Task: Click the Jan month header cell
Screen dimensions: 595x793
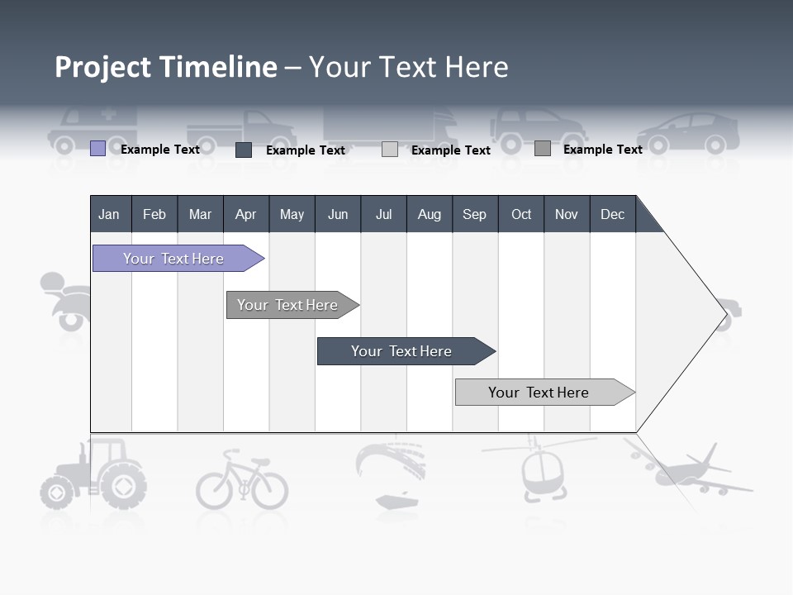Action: click(x=110, y=214)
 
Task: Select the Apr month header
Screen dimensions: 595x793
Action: click(x=246, y=214)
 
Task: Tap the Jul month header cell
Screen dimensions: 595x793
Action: click(x=383, y=214)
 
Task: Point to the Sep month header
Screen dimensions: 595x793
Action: click(x=474, y=214)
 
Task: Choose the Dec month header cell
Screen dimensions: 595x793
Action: click(x=612, y=214)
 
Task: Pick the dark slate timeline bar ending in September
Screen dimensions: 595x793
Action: click(x=402, y=351)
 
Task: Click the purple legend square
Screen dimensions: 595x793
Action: click(x=97, y=149)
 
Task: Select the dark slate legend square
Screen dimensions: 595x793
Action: click(x=244, y=150)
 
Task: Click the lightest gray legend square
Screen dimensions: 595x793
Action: click(x=390, y=150)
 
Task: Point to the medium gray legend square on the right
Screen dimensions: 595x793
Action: click(x=542, y=149)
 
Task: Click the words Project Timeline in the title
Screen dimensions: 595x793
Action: click(x=166, y=67)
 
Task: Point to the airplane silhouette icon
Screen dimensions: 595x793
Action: click(x=698, y=471)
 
